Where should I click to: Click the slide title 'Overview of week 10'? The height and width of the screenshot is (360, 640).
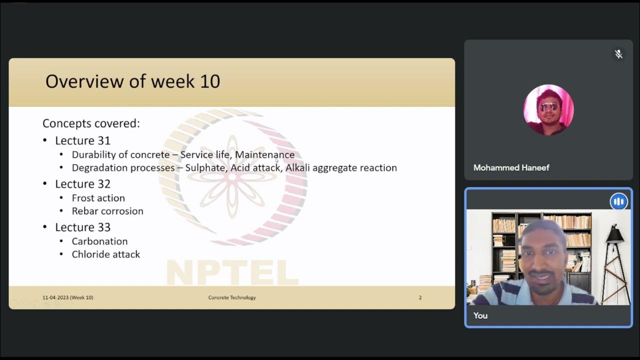click(132, 81)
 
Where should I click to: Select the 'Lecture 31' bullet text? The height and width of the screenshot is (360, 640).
click(82, 140)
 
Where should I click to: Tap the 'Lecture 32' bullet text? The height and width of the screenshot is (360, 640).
click(82, 184)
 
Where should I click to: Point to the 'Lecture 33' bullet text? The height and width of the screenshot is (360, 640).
click(82, 227)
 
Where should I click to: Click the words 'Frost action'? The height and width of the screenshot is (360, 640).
click(98, 198)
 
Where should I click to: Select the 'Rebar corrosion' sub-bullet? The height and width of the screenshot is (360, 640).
click(107, 211)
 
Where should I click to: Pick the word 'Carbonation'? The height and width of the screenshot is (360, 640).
click(99, 241)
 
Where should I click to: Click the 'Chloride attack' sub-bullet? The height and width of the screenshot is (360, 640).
click(105, 254)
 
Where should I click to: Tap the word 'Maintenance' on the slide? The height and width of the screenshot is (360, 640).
click(264, 155)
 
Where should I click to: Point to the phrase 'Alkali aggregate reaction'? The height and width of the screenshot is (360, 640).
click(341, 168)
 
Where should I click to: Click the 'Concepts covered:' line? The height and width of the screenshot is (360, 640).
click(91, 123)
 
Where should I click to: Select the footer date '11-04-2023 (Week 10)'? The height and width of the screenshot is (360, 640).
click(67, 297)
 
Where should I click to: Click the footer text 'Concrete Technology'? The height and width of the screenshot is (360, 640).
click(232, 297)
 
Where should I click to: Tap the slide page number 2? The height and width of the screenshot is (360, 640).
click(420, 297)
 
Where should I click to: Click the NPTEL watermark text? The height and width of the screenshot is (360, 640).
click(232, 273)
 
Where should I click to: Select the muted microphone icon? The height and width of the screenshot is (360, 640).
click(618, 54)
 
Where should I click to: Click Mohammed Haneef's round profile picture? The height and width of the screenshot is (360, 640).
click(548, 109)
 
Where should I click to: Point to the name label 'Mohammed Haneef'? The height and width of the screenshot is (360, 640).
click(511, 167)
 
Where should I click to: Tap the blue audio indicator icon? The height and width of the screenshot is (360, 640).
click(618, 201)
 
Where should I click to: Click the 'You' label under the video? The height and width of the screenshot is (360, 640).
click(480, 315)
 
